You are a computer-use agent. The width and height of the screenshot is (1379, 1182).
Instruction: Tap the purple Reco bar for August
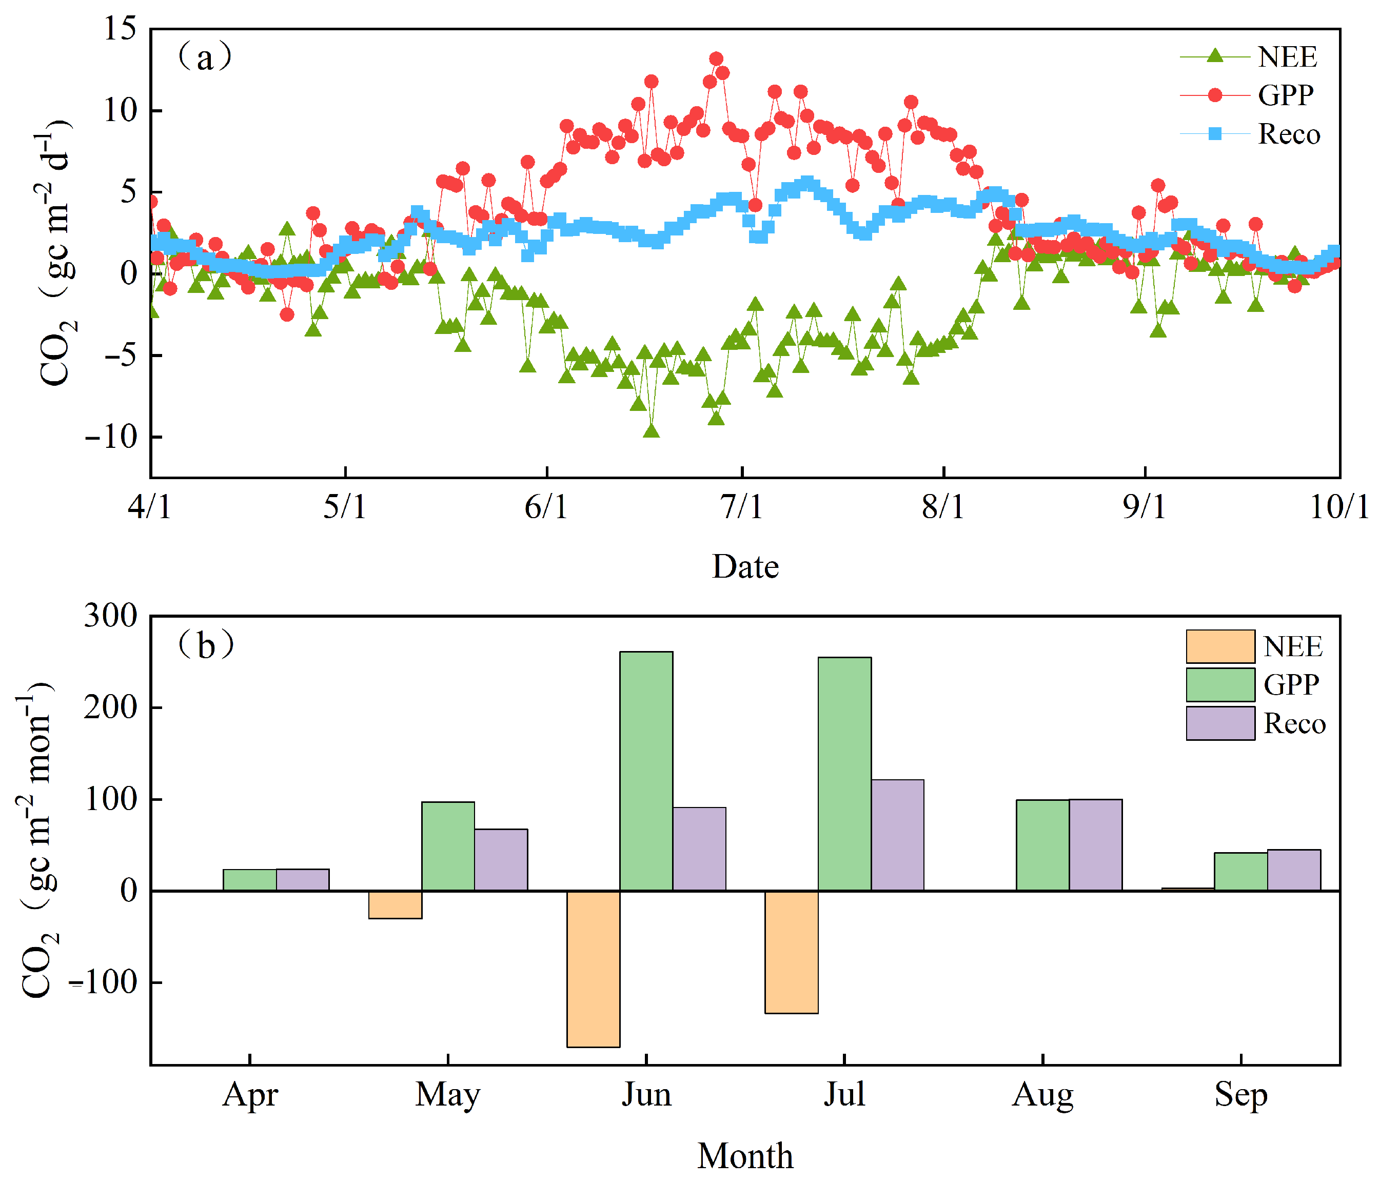click(1095, 844)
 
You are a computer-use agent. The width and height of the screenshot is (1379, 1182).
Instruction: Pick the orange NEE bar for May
click(396, 904)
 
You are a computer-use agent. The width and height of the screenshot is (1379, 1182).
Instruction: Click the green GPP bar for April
click(249, 880)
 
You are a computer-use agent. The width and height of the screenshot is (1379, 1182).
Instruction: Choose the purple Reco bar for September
click(1294, 870)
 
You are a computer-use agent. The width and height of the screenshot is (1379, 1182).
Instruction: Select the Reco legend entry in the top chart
click(1250, 134)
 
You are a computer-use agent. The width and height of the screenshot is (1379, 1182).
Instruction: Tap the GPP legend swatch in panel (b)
click(1220, 685)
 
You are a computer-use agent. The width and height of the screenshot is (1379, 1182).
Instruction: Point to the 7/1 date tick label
click(742, 508)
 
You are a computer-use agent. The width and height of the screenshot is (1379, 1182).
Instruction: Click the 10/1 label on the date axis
click(1339, 508)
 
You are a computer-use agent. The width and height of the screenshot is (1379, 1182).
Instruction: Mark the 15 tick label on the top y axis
click(120, 29)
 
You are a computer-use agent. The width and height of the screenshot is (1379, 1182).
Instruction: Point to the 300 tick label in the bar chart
click(110, 616)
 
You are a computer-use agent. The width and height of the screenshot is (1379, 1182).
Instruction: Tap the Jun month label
click(646, 1095)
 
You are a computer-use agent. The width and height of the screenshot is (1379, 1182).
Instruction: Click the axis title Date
click(745, 566)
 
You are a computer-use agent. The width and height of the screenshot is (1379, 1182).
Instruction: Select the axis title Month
click(745, 1156)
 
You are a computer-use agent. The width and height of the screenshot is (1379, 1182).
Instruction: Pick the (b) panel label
click(206, 645)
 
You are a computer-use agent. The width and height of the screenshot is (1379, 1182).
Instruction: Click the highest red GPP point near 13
click(716, 59)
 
